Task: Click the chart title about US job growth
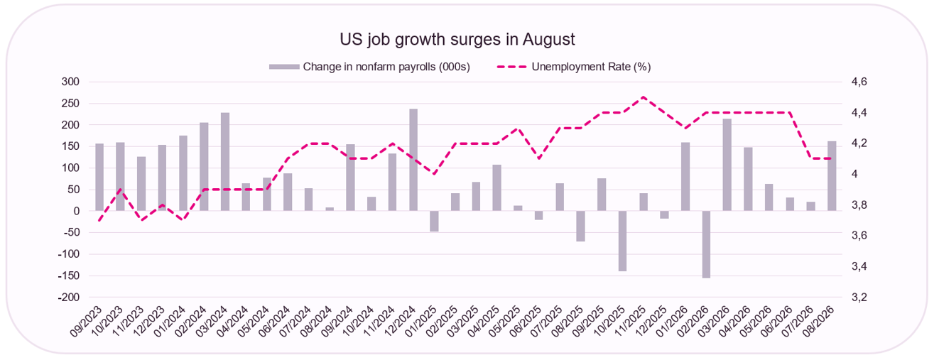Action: pos(457,39)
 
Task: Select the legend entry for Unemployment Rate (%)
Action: pos(573,67)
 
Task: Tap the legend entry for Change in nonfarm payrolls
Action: pos(369,67)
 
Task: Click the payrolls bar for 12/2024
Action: pos(413,160)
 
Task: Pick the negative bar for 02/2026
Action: pos(706,244)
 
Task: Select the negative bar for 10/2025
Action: pos(622,241)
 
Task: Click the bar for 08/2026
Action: pos(832,176)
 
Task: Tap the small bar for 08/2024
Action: pos(330,209)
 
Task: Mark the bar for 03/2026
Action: pos(727,165)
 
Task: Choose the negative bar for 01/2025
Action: pos(434,222)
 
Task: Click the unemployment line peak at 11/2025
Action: pos(644,97)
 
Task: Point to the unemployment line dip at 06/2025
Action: pos(539,158)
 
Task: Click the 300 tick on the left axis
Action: pos(70,82)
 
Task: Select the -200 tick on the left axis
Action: pos(68,297)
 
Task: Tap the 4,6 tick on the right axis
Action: pos(859,82)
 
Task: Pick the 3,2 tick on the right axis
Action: pos(859,297)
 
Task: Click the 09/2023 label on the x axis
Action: pos(86,322)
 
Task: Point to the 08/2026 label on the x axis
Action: pos(818,322)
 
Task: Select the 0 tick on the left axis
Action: pos(76,211)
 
